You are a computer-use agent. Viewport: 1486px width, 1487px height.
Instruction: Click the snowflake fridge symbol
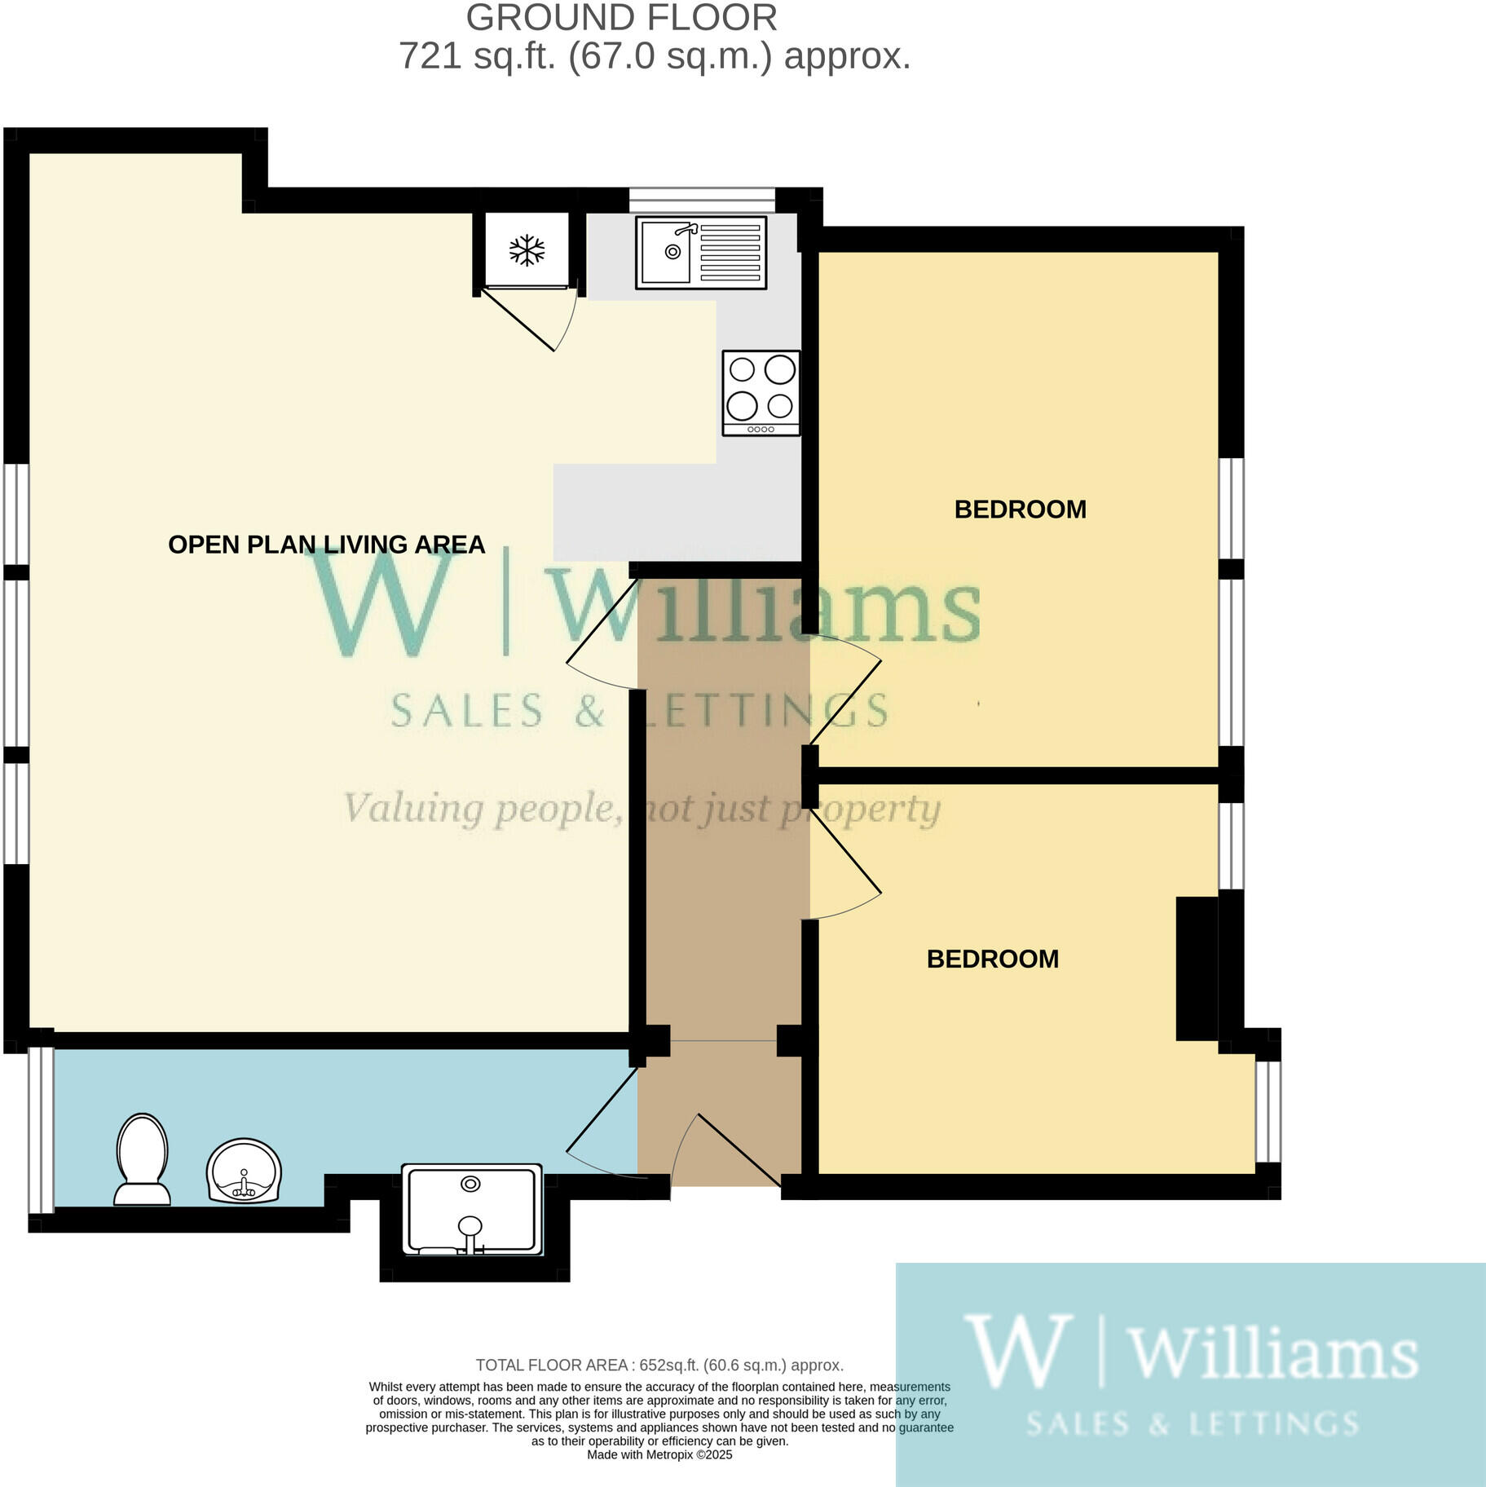click(x=527, y=250)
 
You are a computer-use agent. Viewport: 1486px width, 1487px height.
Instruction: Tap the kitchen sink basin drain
click(x=672, y=252)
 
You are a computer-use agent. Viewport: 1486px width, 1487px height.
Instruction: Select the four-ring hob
click(x=761, y=393)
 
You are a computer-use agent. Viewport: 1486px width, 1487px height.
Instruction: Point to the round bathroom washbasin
click(x=244, y=1170)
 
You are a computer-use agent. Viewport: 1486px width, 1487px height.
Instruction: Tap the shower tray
click(x=472, y=1209)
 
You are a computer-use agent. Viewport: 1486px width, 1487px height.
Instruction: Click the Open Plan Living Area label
click(x=326, y=545)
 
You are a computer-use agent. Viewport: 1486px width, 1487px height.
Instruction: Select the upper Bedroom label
click(x=1020, y=510)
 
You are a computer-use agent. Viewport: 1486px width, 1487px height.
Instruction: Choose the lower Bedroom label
click(x=992, y=959)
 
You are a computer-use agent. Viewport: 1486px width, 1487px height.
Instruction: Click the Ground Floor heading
click(x=621, y=18)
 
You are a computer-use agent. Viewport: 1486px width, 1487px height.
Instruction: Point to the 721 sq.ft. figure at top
click(x=475, y=56)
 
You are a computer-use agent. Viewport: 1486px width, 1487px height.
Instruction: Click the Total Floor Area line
click(x=659, y=1365)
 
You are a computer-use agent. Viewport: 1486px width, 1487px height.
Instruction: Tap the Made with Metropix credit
click(x=659, y=1455)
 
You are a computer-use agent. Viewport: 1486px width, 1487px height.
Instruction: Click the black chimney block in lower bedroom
click(x=1196, y=969)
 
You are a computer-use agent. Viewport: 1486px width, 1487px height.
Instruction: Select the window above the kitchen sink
click(x=702, y=196)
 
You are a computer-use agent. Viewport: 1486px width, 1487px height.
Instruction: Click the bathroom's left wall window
click(x=41, y=1128)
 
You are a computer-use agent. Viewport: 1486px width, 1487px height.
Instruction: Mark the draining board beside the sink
click(x=730, y=252)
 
